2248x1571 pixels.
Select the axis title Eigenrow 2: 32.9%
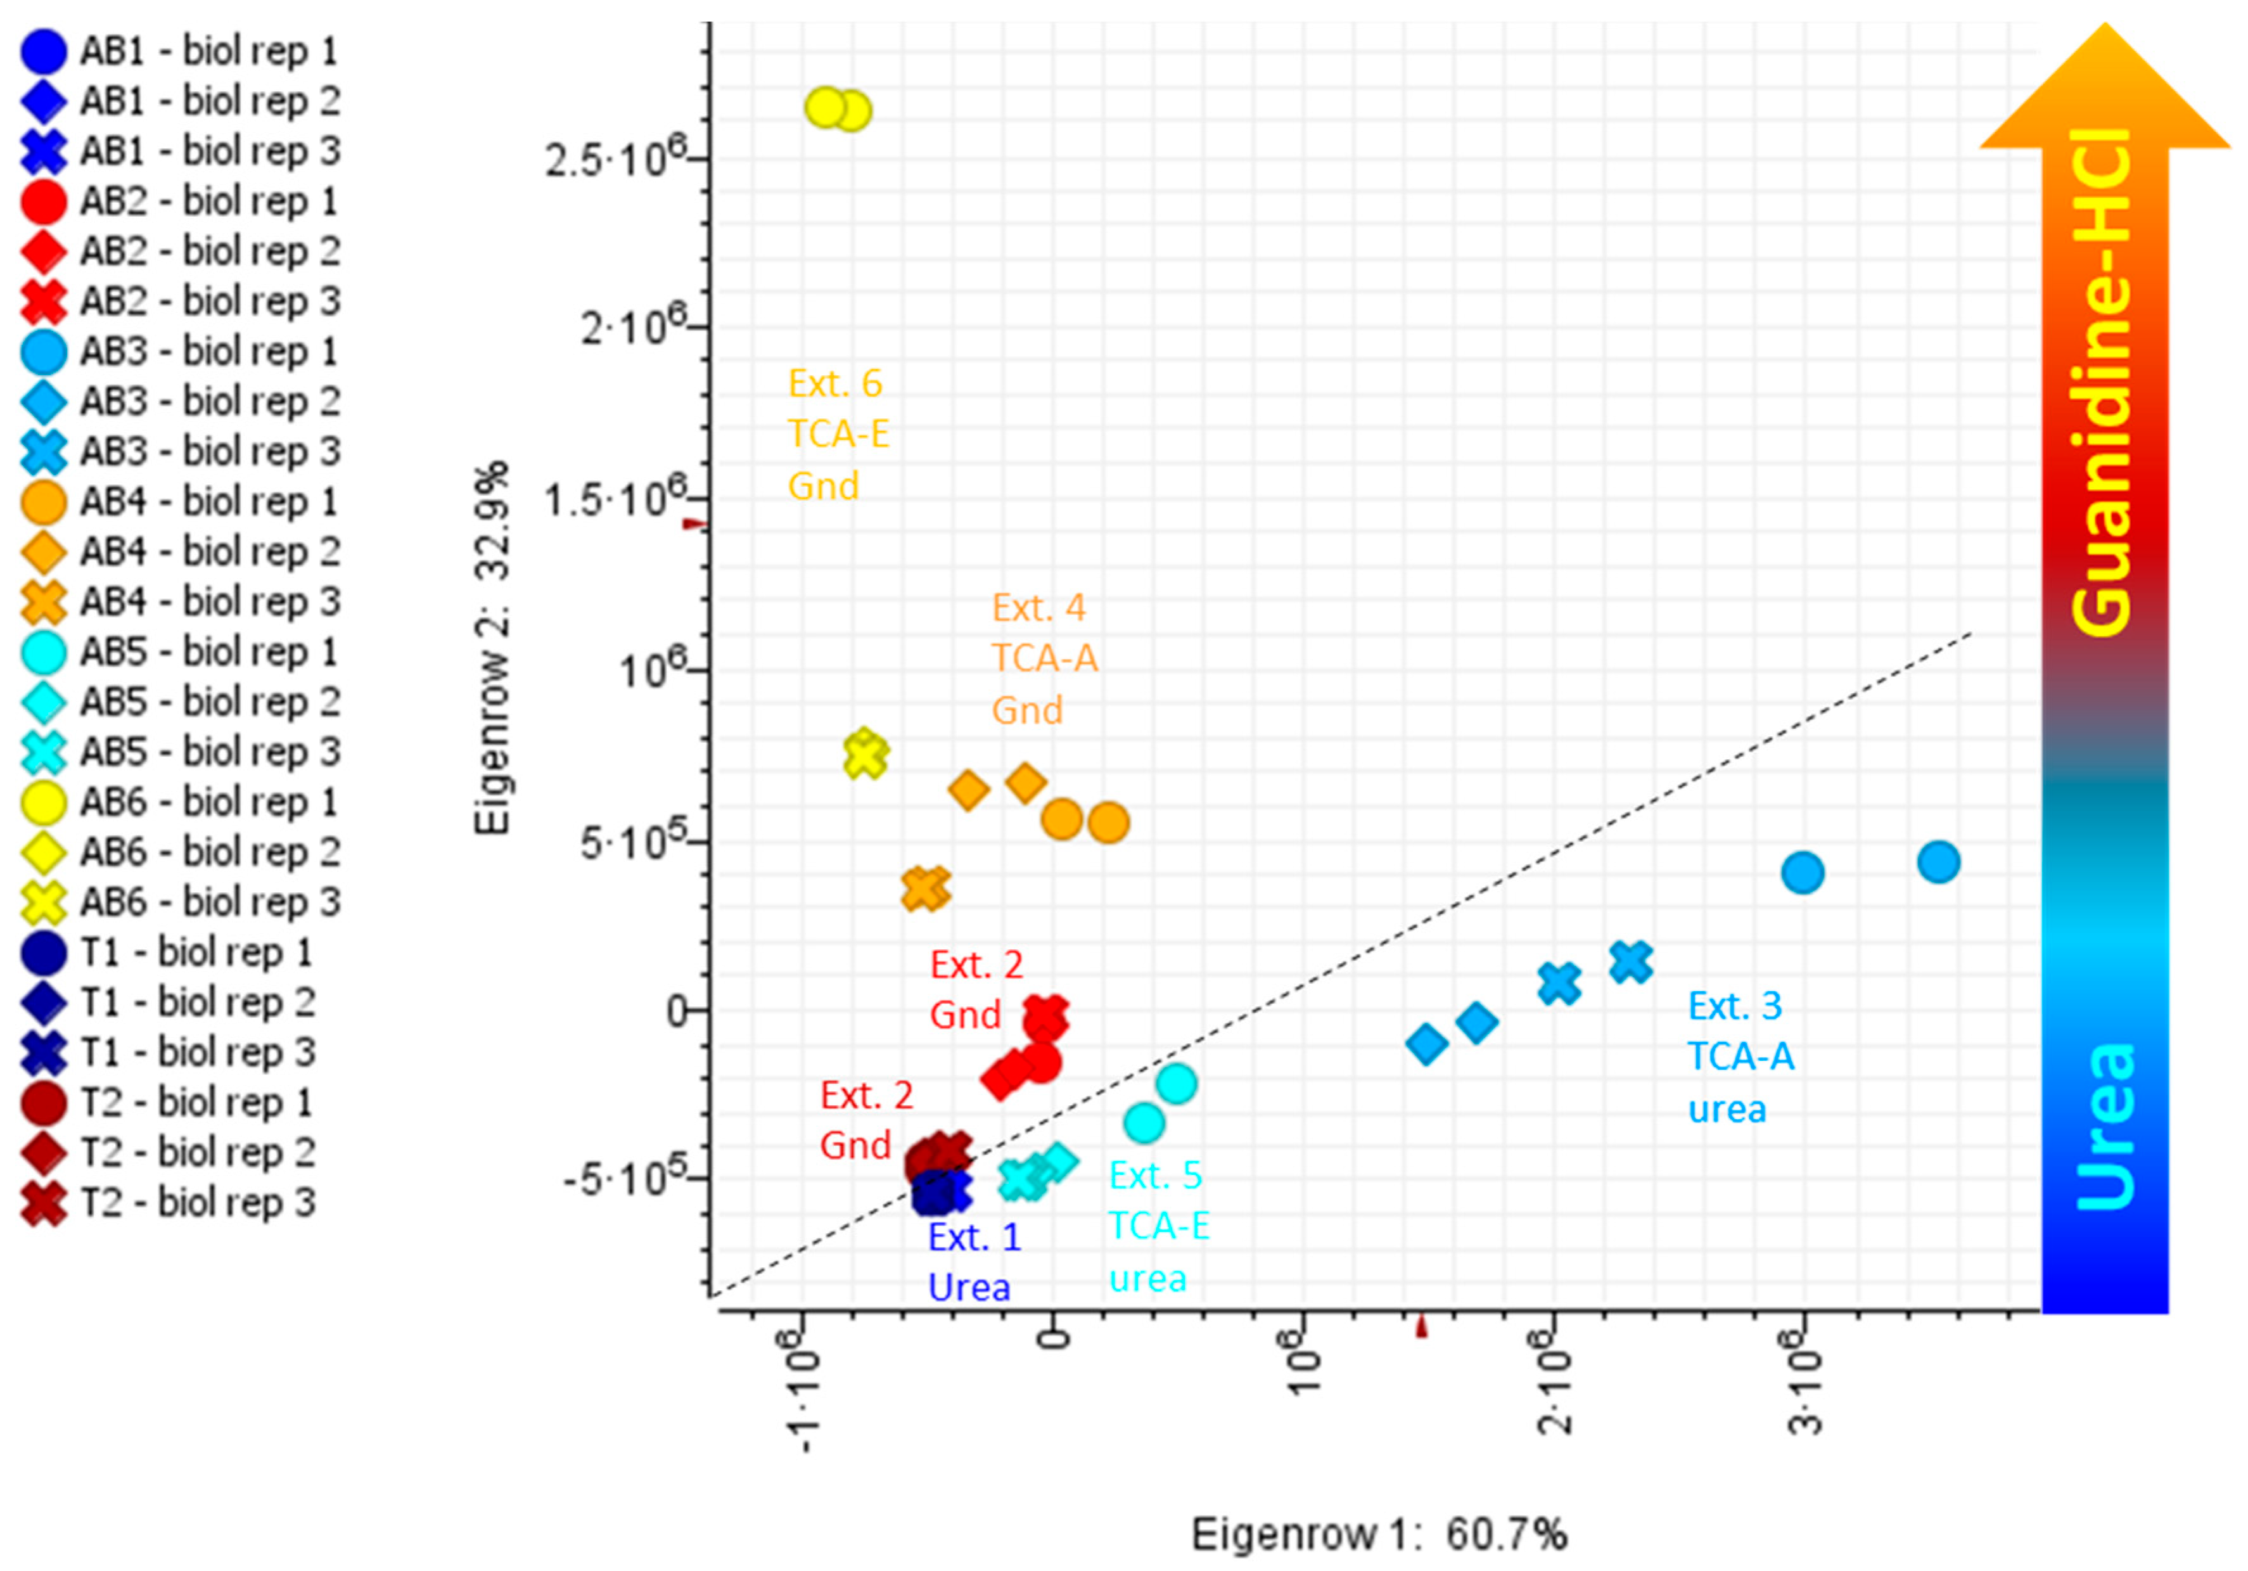(x=492, y=648)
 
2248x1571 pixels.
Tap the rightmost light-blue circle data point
(x=1938, y=862)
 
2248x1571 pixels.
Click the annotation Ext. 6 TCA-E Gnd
(x=838, y=434)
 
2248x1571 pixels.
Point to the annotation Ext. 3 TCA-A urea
(x=1741, y=1057)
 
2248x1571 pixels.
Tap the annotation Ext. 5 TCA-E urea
(x=1158, y=1226)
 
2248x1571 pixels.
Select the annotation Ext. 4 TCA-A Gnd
(x=1044, y=658)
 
